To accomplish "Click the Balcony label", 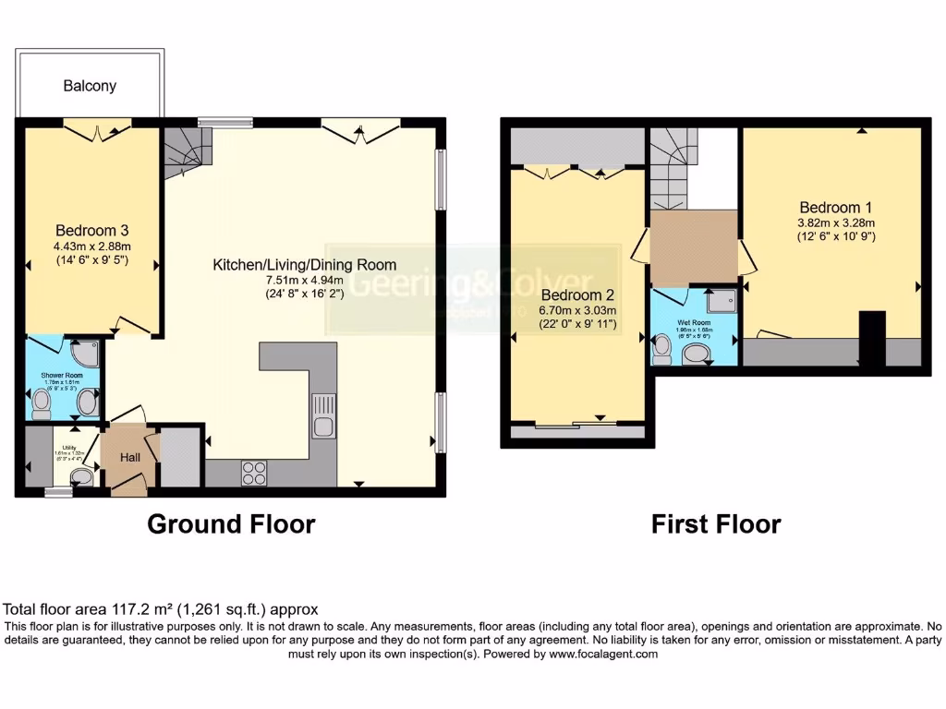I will [90, 86].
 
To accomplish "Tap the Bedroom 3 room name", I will [91, 230].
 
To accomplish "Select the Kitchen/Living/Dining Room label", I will [291, 264].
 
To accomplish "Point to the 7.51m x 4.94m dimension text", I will [291, 281].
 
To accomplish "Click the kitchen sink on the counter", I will [323, 415].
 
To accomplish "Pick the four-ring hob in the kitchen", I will [253, 473].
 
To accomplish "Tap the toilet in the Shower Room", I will [41, 403].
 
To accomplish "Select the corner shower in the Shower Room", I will [84, 354].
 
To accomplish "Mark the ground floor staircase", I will [188, 151].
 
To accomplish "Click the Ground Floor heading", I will [231, 524].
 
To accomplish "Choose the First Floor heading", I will [716, 524].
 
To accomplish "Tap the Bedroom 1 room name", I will [836, 208].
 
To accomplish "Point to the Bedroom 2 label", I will [578, 295].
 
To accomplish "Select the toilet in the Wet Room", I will [661, 346].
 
